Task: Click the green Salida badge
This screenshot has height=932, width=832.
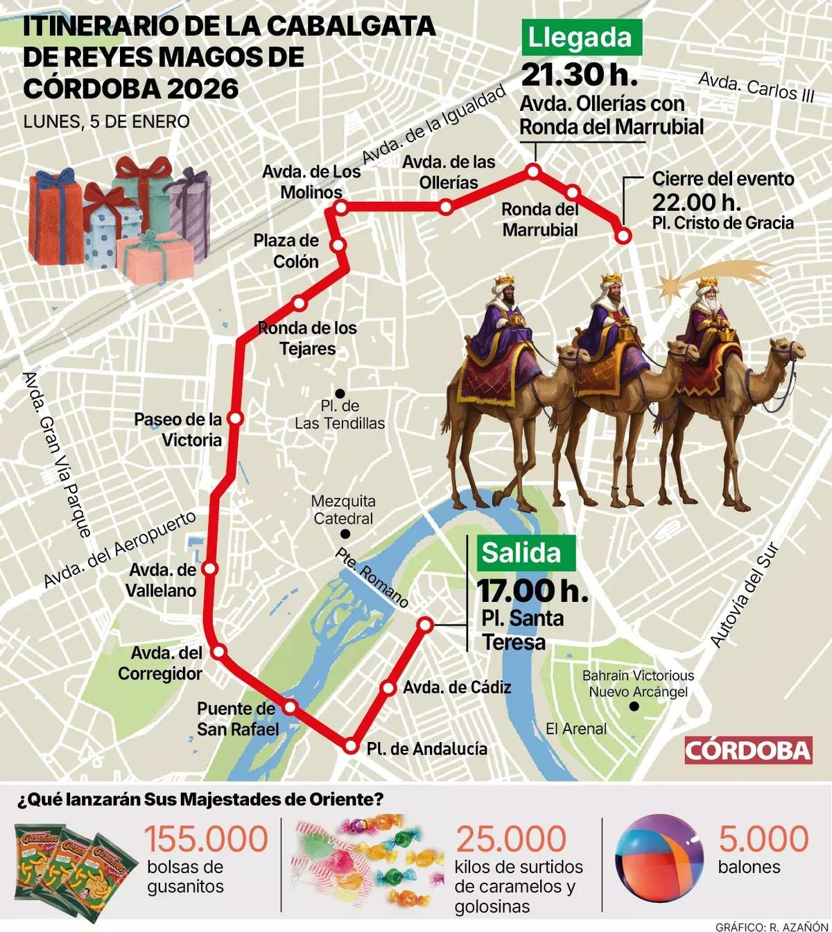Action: [526, 553]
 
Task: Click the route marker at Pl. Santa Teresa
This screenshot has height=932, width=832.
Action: [426, 625]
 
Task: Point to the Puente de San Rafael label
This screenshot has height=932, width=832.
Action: [237, 718]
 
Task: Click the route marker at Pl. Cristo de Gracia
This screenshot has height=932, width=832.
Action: [623, 236]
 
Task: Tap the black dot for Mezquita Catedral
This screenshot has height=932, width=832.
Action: [345, 534]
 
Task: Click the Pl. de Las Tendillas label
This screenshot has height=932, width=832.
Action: [340, 415]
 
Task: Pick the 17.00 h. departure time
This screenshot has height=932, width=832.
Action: [532, 591]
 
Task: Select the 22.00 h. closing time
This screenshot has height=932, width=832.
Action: [696, 202]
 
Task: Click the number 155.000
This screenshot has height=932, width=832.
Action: [206, 838]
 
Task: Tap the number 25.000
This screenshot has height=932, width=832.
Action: [511, 838]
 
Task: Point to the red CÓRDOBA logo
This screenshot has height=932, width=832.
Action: [747, 750]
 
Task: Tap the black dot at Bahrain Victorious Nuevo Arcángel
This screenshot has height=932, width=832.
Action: [633, 707]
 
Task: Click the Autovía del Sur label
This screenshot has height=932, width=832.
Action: [745, 596]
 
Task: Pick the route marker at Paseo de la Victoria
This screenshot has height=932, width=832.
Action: [236, 418]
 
